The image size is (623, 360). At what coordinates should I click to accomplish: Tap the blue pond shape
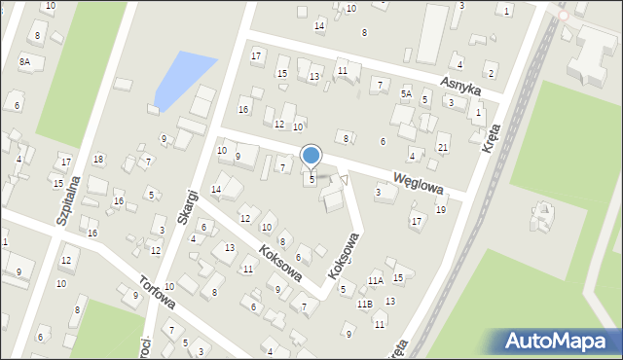coord(183,78)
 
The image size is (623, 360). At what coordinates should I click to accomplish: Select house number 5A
coord(406,93)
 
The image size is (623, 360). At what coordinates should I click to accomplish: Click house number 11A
coord(375,280)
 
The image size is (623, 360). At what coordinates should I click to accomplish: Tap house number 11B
coord(364,304)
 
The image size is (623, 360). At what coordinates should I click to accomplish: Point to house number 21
coord(443,147)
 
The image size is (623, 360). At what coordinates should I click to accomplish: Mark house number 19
coord(440,209)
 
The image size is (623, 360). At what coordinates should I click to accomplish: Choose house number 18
coord(97,159)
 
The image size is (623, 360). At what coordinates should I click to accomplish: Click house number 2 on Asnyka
coord(491,73)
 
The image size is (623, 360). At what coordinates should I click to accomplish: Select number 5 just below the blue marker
coord(311,179)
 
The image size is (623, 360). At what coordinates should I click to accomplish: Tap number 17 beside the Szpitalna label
coord(65,161)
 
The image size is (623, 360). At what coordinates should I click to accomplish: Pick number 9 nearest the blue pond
coord(164,138)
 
